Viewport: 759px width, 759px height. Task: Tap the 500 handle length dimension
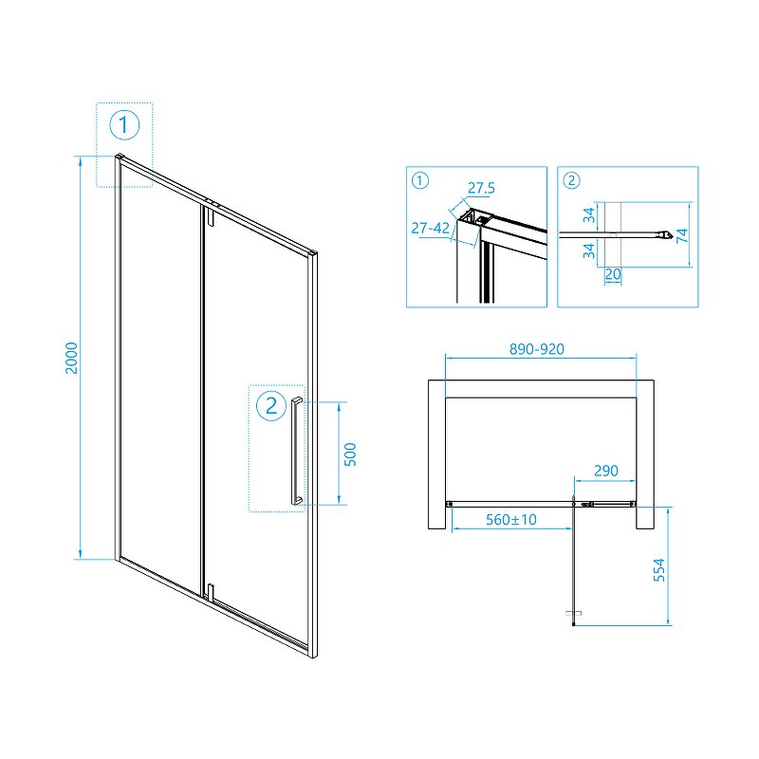349,454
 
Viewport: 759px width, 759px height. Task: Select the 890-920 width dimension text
538,349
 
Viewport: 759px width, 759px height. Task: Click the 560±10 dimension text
511,519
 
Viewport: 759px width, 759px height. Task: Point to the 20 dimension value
612,274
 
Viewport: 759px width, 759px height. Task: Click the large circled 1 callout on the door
124,124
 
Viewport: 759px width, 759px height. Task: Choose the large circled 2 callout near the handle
271,406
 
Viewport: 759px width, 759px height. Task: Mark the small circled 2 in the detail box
570,180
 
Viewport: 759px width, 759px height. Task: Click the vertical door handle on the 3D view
297,450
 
